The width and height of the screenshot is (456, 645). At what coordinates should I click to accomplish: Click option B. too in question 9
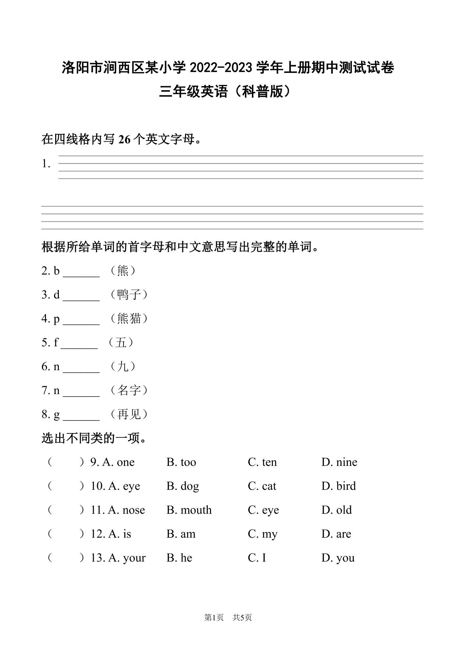tap(181, 462)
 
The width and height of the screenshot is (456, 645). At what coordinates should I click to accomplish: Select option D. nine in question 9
tap(339, 462)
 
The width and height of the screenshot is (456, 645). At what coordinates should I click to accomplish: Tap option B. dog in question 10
tap(182, 486)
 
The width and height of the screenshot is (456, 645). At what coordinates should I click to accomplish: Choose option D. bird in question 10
tap(338, 486)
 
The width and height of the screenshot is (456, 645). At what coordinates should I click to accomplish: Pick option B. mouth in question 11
tap(189, 510)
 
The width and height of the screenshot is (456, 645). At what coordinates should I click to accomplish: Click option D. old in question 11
tap(336, 510)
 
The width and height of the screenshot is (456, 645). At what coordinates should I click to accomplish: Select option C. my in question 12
tap(262, 534)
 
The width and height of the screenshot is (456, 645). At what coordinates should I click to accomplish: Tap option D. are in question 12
tap(336, 534)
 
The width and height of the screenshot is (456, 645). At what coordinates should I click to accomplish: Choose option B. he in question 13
tap(179, 558)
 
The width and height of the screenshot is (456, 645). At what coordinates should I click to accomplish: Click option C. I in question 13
tap(257, 558)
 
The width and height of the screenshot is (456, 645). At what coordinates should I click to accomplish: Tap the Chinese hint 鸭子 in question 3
tap(129, 295)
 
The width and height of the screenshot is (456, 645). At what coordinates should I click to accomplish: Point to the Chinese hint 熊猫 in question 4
tap(129, 319)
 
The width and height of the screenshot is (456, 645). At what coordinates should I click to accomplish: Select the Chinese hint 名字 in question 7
tap(129, 390)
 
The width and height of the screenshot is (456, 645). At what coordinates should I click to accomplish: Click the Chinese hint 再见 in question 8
tap(129, 414)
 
